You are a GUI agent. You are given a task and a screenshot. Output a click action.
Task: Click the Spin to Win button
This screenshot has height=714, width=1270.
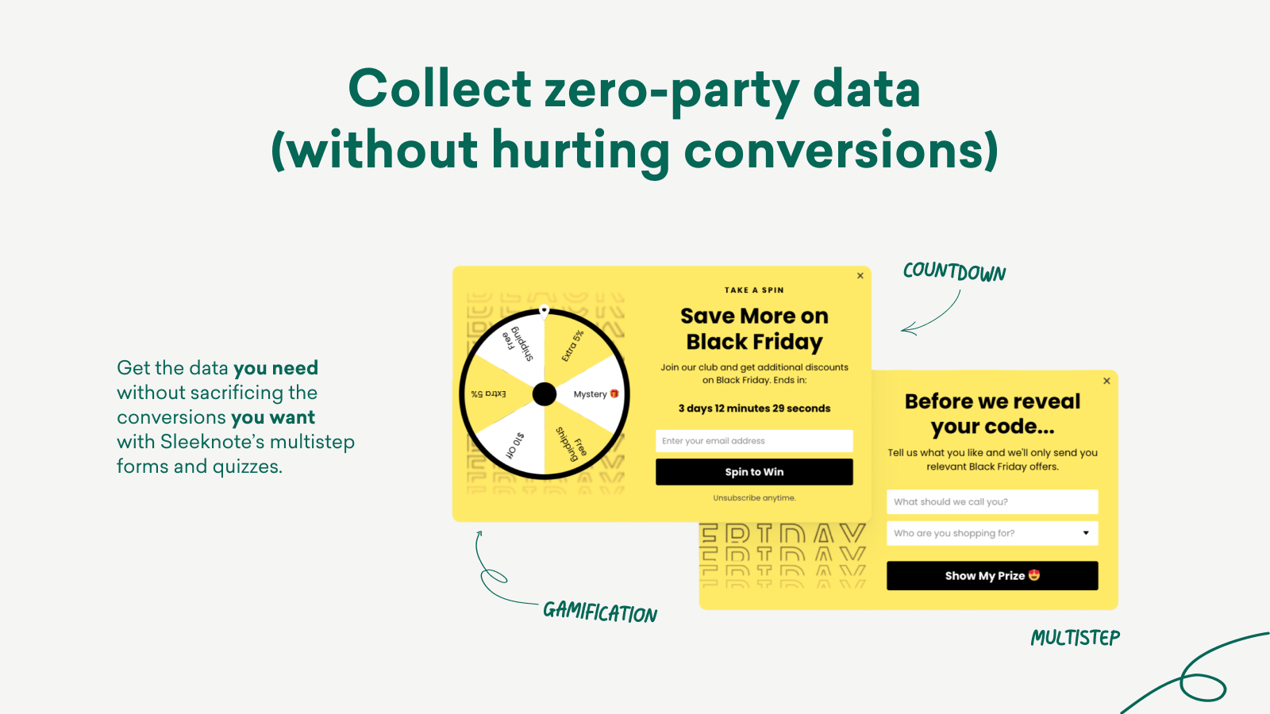pos(754,472)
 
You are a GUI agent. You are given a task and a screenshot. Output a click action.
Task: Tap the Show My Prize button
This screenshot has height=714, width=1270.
pos(992,576)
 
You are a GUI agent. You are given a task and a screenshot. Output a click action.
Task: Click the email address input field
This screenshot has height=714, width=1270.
pos(754,441)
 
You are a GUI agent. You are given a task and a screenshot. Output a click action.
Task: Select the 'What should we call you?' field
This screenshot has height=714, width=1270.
pos(992,501)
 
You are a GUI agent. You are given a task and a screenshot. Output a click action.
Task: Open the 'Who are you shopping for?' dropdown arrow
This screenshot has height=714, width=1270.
pos(1086,532)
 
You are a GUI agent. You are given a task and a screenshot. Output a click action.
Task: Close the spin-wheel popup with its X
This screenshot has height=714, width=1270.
pos(860,276)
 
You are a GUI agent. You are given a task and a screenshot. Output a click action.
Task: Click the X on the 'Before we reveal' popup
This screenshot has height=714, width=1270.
pos(1106,381)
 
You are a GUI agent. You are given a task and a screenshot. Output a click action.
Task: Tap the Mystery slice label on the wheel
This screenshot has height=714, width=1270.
pos(595,393)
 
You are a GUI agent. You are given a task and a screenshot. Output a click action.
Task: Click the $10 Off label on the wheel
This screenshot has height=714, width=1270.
pos(515,445)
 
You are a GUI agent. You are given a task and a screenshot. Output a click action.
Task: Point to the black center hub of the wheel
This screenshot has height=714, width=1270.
pos(545,394)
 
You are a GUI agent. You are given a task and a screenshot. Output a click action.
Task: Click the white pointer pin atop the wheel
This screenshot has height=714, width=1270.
pos(545,311)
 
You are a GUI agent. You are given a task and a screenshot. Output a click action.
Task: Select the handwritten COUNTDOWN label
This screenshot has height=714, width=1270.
pos(954,272)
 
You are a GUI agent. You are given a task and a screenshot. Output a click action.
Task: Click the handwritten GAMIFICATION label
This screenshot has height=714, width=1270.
pos(600,612)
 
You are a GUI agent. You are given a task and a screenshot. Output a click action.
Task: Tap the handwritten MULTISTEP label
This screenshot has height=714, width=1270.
pos(1075,638)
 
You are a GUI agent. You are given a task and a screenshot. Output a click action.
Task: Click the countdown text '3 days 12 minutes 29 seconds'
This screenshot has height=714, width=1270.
pos(754,409)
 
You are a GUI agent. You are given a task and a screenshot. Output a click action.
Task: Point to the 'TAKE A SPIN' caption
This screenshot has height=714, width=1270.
pos(754,290)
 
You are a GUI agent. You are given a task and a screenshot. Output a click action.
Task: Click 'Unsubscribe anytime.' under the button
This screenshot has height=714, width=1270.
pos(754,498)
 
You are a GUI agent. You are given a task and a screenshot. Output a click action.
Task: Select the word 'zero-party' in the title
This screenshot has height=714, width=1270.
pos(672,90)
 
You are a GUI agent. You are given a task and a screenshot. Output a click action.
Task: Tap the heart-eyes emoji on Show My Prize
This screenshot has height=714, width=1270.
pos(1034,575)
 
